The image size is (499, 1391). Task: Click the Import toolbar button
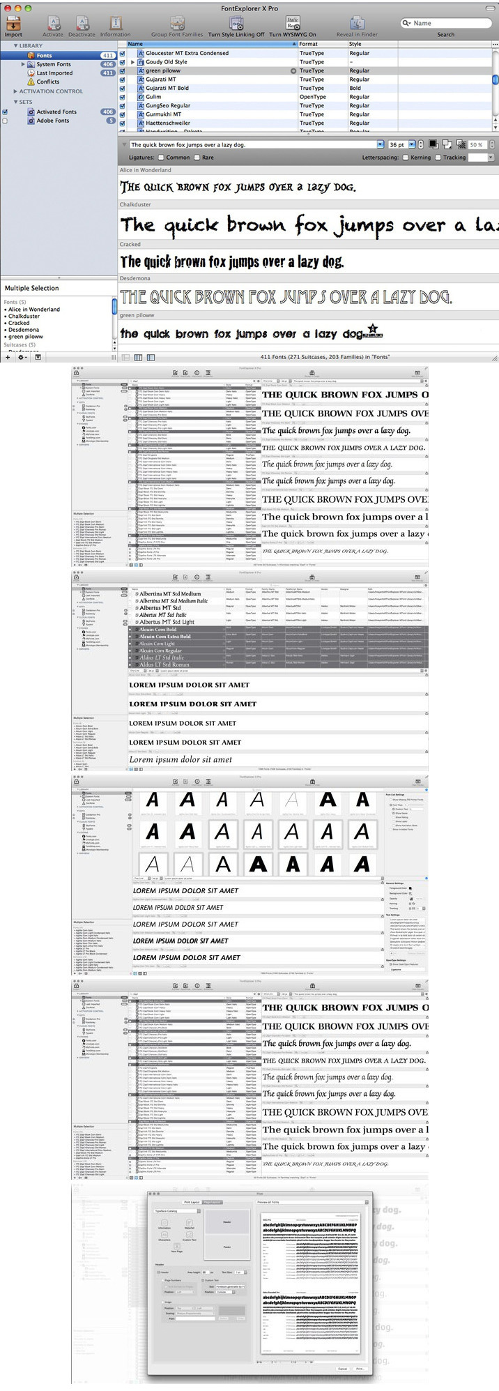pos(13,26)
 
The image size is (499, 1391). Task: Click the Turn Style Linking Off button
pos(236,26)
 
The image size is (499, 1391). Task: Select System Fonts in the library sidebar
pos(54,64)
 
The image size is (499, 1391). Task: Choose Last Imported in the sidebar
pos(54,73)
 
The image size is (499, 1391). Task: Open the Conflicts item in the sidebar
pos(48,82)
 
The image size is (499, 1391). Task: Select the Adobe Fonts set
pos(53,121)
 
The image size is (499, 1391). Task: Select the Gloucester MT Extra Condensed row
pos(187,53)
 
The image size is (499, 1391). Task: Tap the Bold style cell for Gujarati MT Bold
pos(355,88)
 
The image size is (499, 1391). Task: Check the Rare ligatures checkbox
pos(198,158)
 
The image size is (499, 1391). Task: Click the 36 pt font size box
pos(397,144)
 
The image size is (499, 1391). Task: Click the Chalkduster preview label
pos(135,205)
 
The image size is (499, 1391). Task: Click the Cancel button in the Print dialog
pos(342,1369)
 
